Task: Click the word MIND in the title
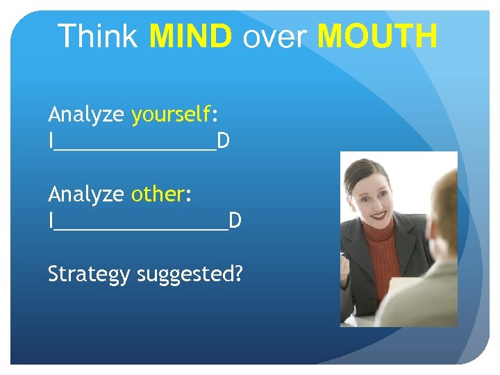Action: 190,36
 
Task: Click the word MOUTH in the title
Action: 377,36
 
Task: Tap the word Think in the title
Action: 99,36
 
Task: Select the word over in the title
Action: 274,37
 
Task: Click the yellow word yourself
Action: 171,114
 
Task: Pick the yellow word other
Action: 158,194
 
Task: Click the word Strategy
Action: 89,274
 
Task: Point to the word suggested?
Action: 190,274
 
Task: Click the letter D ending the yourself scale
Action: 223,141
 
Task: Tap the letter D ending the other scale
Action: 235,221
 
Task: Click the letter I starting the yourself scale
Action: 51,141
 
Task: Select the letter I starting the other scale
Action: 51,221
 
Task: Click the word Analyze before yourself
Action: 86,114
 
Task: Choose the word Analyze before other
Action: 86,194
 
